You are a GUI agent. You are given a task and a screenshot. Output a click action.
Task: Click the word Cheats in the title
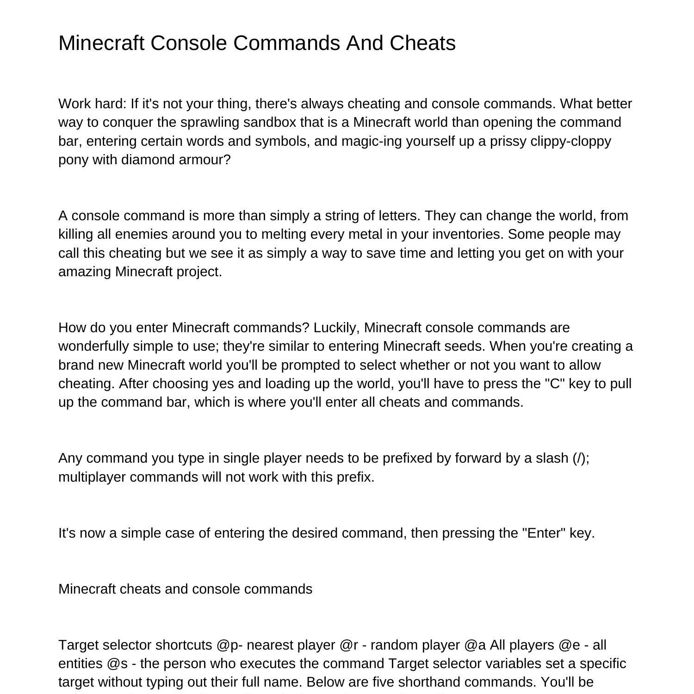pos(422,43)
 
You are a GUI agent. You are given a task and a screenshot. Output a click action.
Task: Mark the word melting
pos(284,234)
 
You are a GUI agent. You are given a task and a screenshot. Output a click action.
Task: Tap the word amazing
pos(85,272)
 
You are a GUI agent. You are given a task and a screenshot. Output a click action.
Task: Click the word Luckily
pos(336,328)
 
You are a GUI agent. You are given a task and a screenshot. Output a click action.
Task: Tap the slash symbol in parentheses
pos(581,458)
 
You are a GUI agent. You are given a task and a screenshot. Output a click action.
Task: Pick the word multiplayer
pos(92,477)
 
